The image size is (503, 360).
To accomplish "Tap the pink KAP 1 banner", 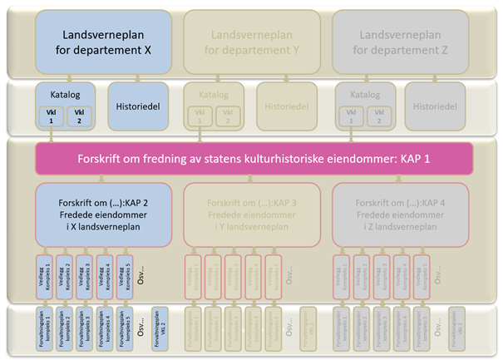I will click(253, 158).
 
